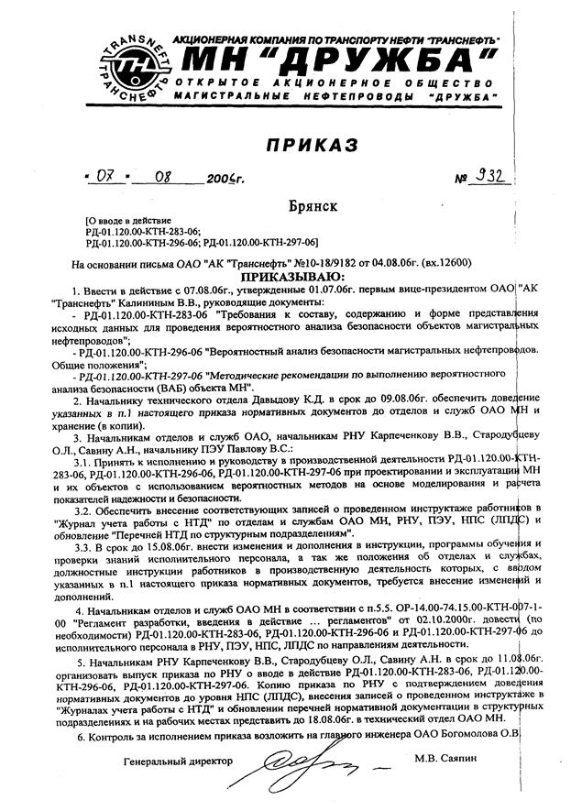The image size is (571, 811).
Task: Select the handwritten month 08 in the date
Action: tap(166, 176)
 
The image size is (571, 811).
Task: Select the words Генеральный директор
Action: tap(178, 762)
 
